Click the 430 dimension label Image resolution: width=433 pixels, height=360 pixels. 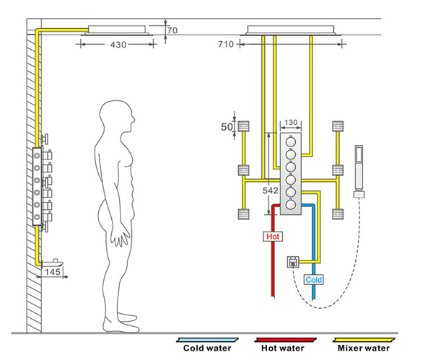pos(118,45)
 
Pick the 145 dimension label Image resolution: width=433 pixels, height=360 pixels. pos(53,272)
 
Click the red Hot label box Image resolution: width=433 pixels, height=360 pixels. pos(274,236)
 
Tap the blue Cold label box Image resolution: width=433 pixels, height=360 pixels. pos(313,279)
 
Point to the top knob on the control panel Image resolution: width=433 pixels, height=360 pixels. pos(292,141)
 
